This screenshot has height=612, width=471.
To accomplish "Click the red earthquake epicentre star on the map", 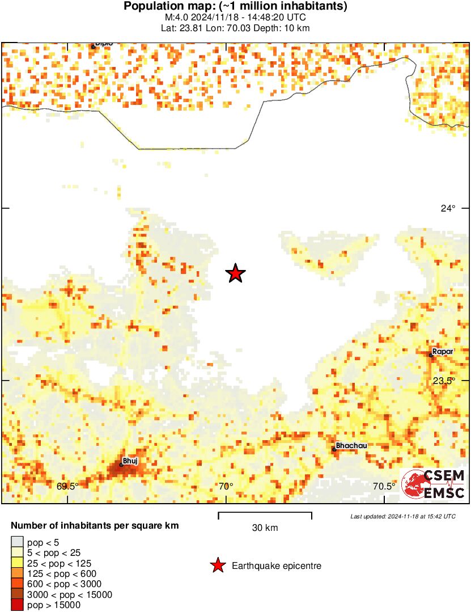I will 235,273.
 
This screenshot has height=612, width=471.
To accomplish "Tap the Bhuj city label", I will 130,461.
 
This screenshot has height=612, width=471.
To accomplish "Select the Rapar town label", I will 443,352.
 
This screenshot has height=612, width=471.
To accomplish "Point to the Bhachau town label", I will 351,445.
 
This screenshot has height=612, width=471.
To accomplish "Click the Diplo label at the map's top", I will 104,44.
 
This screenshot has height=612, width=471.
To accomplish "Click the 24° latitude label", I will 448,208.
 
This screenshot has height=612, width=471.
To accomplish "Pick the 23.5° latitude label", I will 444,381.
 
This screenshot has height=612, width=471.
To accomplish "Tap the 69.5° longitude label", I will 67,486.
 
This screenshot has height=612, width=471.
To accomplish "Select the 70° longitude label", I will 226,486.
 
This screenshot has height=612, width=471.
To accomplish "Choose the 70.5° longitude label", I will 384,486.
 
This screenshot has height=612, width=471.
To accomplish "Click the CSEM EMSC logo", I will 434,484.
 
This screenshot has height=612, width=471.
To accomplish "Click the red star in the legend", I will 217,565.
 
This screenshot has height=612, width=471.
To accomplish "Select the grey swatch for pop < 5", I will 18,543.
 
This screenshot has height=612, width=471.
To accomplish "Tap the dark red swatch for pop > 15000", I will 18,605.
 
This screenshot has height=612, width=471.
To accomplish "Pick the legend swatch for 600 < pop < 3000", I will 18,584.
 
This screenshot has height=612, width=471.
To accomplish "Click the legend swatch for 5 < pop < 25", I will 18,553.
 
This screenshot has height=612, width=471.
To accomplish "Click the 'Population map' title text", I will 235,7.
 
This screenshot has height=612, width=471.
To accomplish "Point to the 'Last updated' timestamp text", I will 402,516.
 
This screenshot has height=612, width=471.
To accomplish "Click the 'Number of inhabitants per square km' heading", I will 95,526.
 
